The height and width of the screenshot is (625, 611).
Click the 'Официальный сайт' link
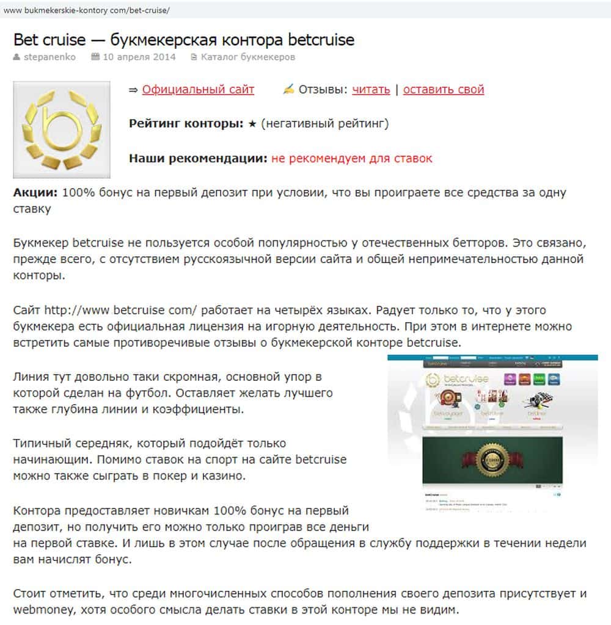[x=198, y=90]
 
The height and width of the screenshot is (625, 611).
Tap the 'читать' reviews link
[x=371, y=90]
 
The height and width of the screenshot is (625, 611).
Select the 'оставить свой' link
[x=444, y=90]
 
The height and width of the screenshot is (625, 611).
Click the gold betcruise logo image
[x=61, y=130]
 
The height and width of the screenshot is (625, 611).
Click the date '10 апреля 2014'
[x=139, y=57]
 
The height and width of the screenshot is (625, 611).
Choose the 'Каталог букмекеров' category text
[x=248, y=57]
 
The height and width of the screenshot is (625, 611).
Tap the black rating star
[x=252, y=124]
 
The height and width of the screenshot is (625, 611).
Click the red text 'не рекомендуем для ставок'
[x=352, y=159]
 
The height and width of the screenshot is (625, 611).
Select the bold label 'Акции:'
[x=35, y=193]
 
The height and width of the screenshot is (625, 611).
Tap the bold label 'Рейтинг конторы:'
[x=186, y=124]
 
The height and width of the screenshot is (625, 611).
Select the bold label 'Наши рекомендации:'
[x=198, y=159]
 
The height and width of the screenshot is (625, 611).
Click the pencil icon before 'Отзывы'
[x=288, y=90]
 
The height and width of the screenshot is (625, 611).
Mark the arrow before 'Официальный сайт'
[x=134, y=90]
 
